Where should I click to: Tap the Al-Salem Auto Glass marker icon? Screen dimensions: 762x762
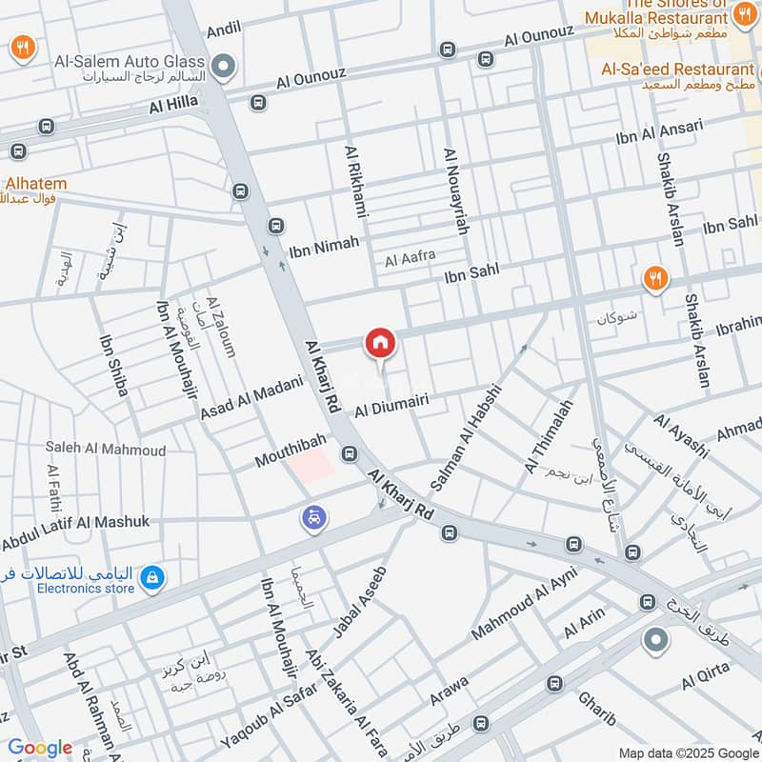[x=224, y=66]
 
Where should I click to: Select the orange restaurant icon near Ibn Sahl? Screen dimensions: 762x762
[x=655, y=279]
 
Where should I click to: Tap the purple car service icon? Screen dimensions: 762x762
[x=314, y=518]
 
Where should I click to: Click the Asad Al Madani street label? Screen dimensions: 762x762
[x=251, y=397]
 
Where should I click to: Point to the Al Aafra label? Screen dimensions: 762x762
[x=410, y=256]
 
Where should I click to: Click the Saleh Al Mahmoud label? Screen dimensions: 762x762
[x=105, y=450]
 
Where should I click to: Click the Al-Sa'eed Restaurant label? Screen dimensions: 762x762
[x=676, y=70]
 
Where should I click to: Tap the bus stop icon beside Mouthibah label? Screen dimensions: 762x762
[x=350, y=453]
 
